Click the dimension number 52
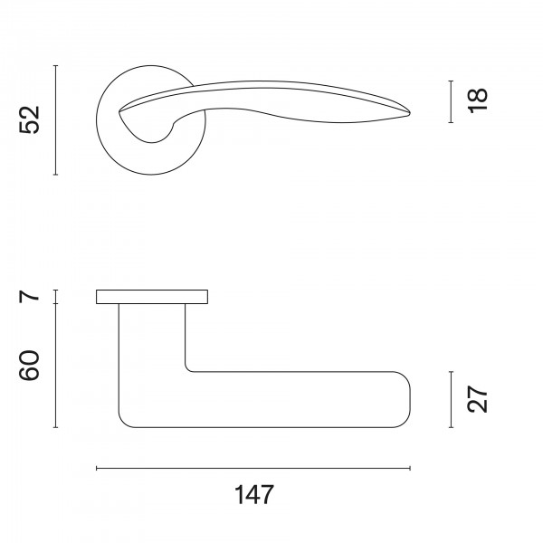pos(30,119)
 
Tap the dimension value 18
pos(478,100)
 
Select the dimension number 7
pos(30,297)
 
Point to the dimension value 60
pos(30,366)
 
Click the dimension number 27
pos(478,399)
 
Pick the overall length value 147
pos(254,494)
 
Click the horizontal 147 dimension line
pos(253,468)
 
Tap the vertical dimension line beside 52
pos(56,119)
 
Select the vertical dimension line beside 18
pos(451,101)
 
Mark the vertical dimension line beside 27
pos(451,399)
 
